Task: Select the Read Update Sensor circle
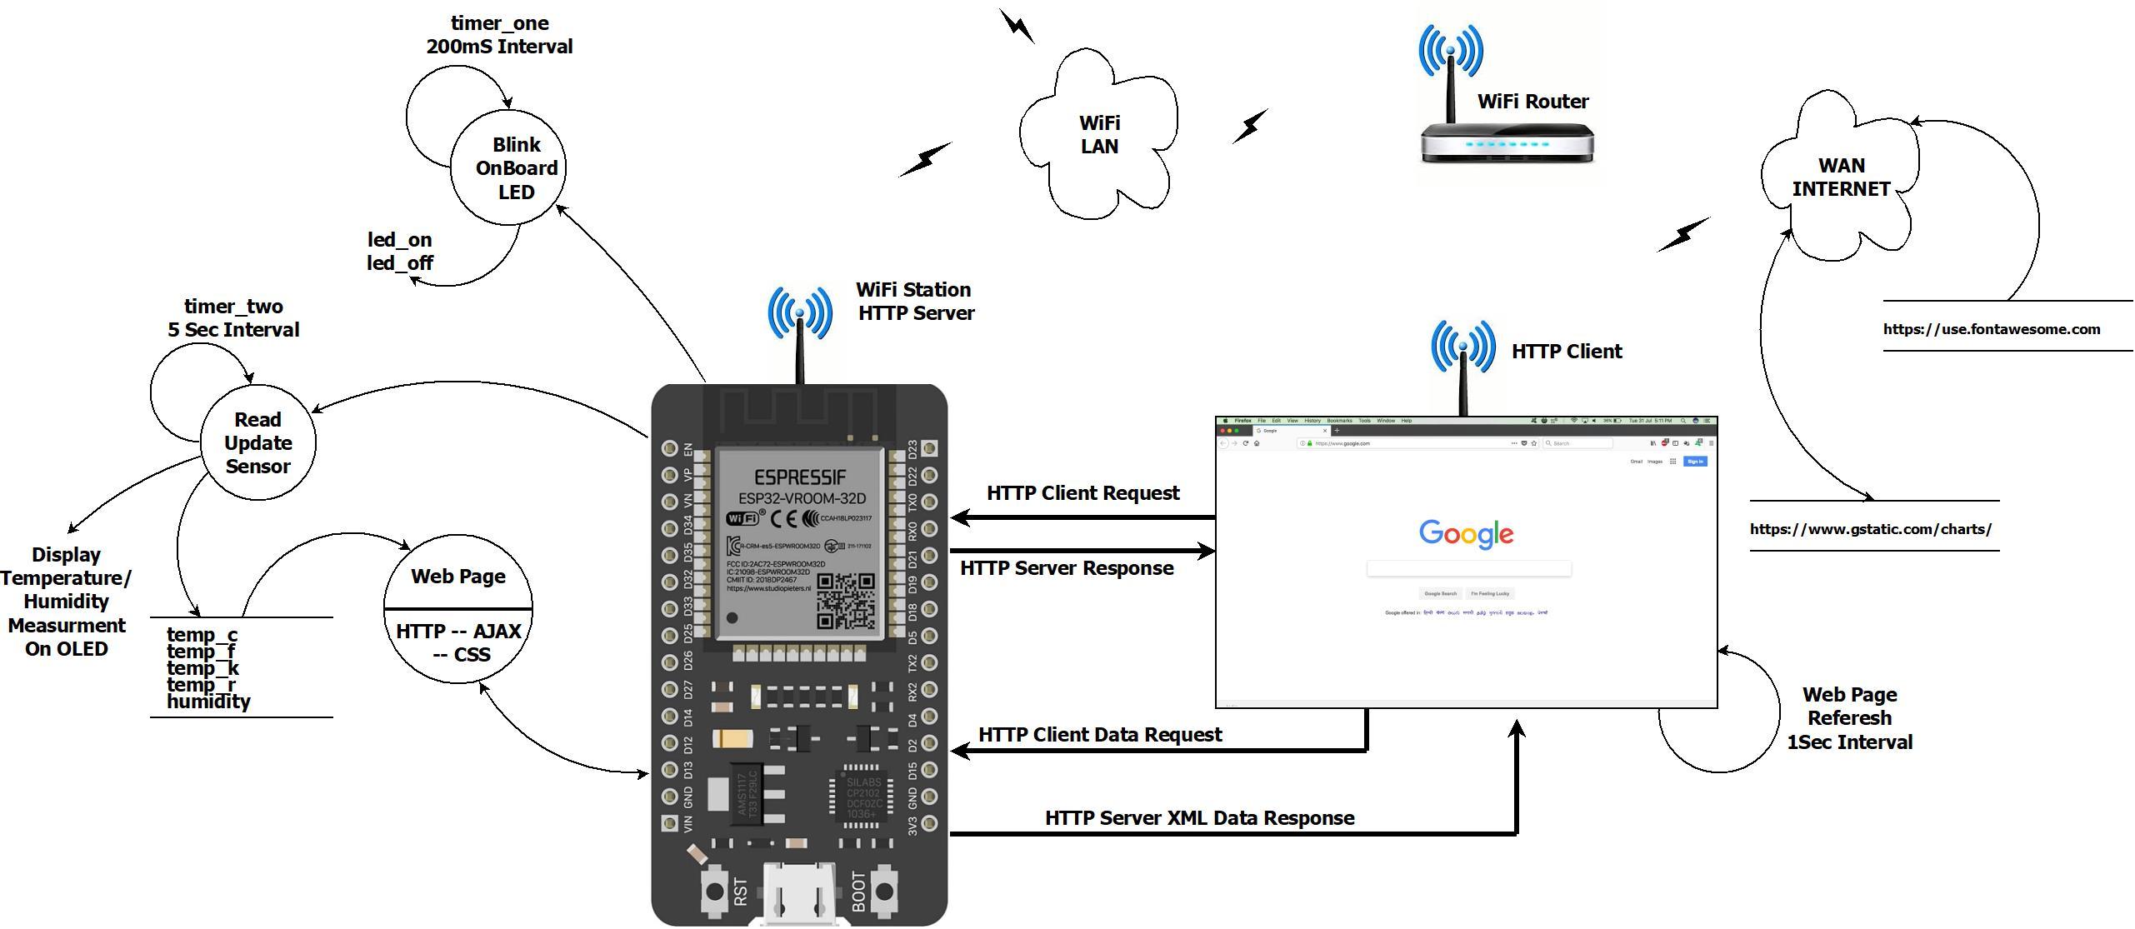click(258, 442)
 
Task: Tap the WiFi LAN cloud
click(1099, 135)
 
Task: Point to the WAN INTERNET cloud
click(1841, 177)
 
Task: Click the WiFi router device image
click(1507, 142)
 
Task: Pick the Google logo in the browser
click(1466, 533)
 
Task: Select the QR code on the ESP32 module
click(846, 601)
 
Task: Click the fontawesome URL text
click(1991, 329)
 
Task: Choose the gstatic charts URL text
click(1870, 529)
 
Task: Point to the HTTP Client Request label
click(1082, 493)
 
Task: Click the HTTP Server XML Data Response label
click(1199, 818)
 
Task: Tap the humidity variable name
click(208, 702)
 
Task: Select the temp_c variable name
click(202, 635)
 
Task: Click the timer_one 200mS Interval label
click(499, 35)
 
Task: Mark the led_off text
click(400, 263)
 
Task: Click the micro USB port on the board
click(799, 896)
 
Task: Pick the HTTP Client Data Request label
click(1099, 735)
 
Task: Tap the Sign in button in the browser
click(1695, 462)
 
